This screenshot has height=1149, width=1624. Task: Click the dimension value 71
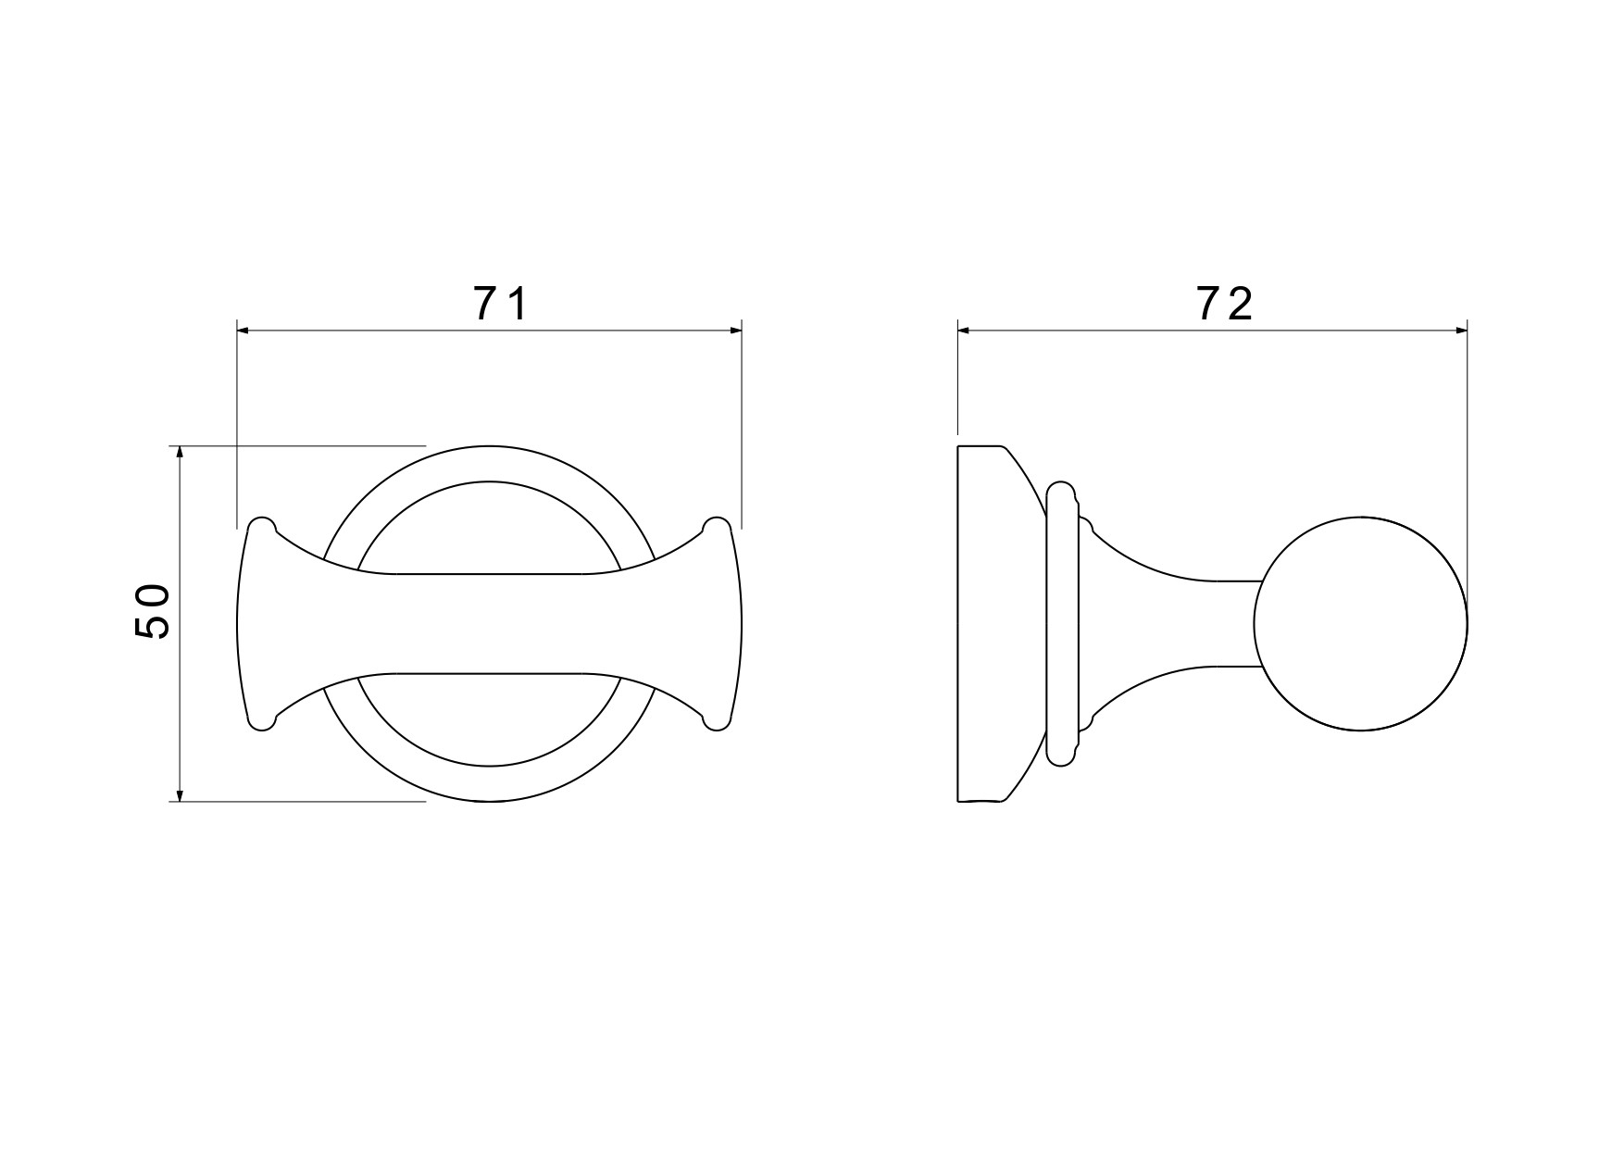pos(500,304)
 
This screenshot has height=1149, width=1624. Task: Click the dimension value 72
pos(1225,304)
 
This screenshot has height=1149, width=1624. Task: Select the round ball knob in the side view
pos(1360,623)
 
